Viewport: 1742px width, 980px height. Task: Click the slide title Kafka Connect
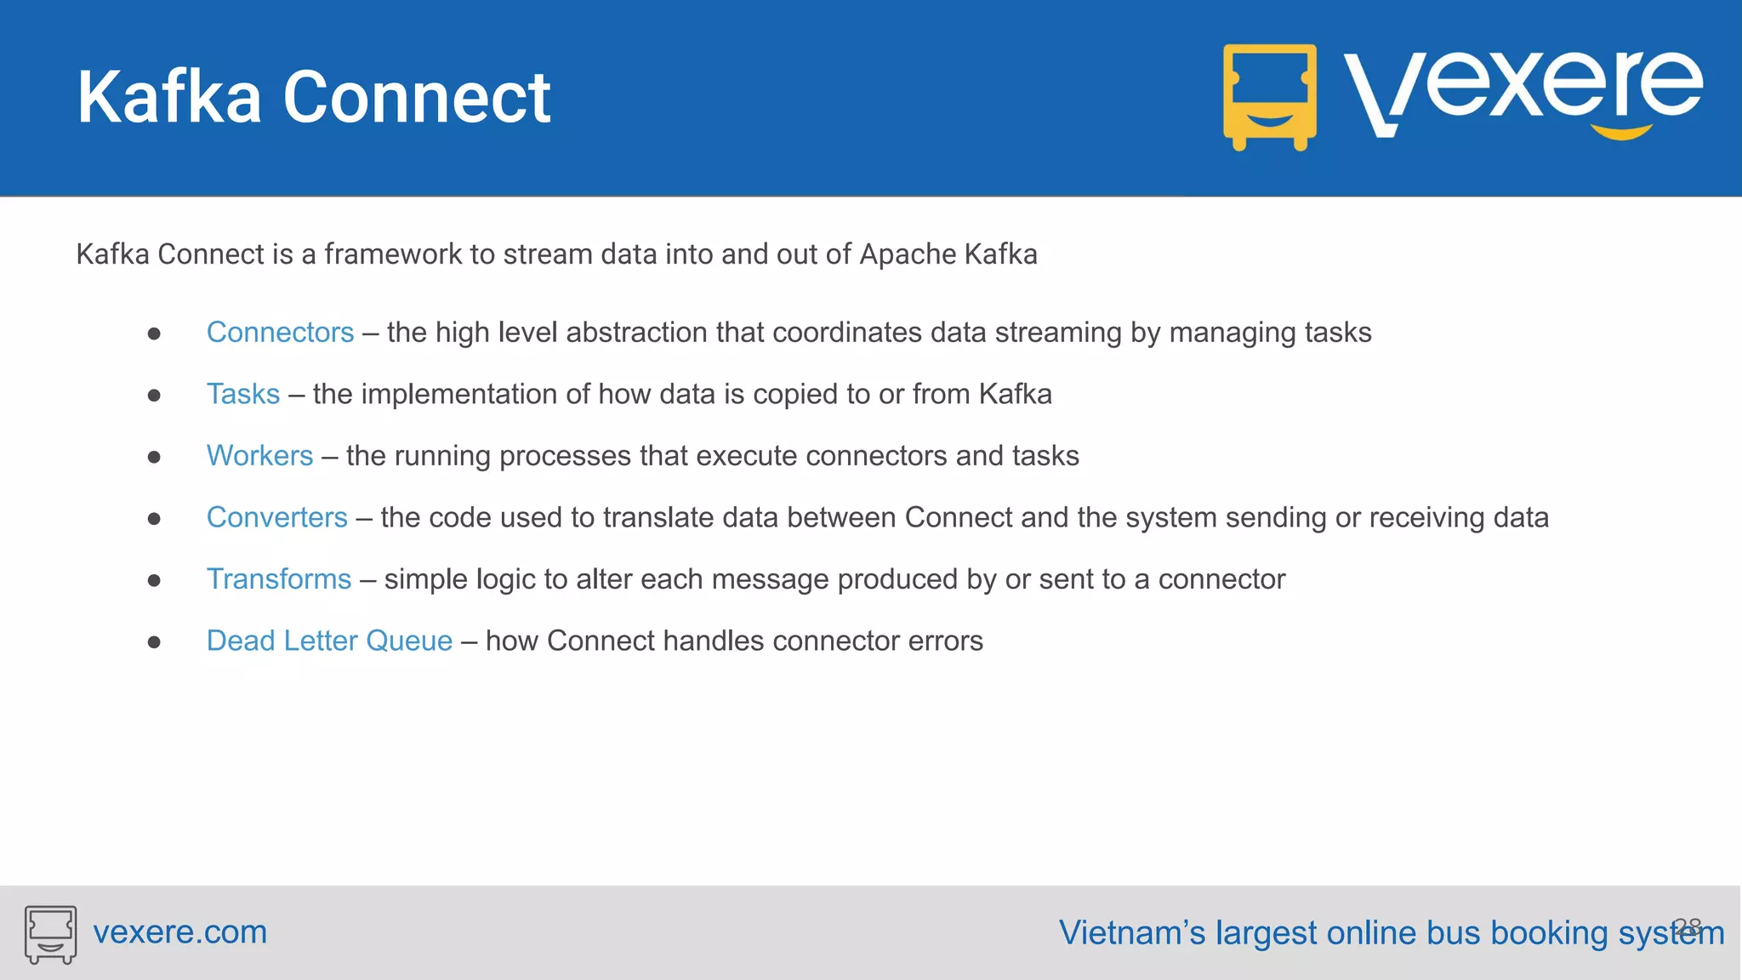point(314,98)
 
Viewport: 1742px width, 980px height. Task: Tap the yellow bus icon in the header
point(1269,97)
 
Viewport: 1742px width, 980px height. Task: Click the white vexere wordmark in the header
point(1523,90)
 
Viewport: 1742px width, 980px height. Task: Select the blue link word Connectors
point(280,333)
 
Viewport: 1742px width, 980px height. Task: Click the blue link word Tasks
point(243,395)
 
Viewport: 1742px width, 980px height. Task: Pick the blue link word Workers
point(259,456)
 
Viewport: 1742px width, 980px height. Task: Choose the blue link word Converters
point(276,518)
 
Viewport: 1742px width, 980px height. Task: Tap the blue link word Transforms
point(278,579)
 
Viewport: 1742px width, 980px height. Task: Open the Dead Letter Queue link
point(329,641)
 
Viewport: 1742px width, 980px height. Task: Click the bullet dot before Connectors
point(154,334)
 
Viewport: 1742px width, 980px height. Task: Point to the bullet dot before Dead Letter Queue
point(154,643)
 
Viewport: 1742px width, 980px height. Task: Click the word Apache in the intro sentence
point(908,255)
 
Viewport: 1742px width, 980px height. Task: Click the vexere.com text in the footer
point(179,932)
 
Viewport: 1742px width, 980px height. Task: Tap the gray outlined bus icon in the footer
point(50,934)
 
